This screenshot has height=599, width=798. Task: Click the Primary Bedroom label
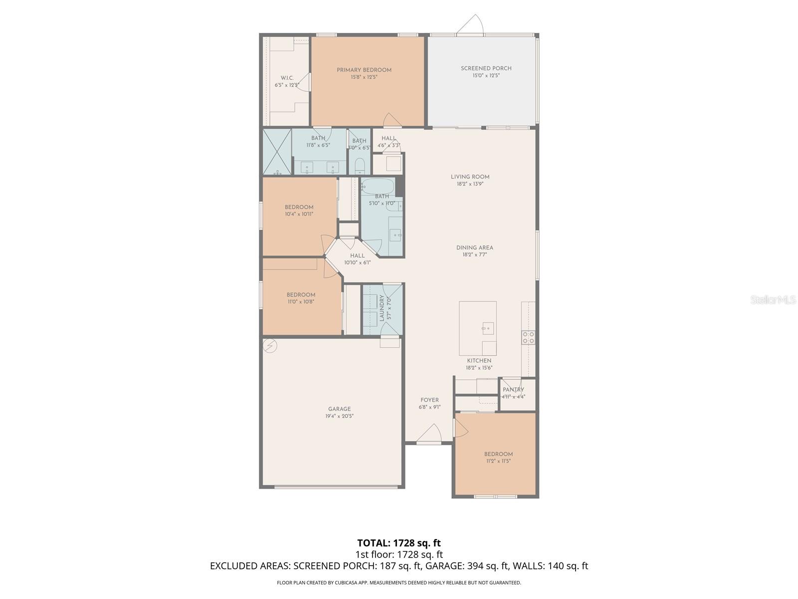(x=364, y=70)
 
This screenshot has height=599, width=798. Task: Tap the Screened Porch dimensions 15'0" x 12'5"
(x=486, y=76)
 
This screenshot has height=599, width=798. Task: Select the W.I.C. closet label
(x=287, y=78)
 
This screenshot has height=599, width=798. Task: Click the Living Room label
(x=470, y=177)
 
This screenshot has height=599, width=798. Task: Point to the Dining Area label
(x=474, y=248)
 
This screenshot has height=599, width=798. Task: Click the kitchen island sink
(x=488, y=328)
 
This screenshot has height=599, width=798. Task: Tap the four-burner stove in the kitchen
(x=528, y=337)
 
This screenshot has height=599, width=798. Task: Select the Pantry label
(x=513, y=390)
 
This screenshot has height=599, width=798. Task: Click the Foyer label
(x=429, y=400)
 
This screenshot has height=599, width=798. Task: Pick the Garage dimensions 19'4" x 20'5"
(x=339, y=416)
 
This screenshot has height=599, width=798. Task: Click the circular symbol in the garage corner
(x=270, y=346)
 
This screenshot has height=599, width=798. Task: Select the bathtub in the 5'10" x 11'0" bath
(x=378, y=187)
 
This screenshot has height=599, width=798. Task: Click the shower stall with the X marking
(x=277, y=152)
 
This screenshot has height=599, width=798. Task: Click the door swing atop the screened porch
(x=471, y=25)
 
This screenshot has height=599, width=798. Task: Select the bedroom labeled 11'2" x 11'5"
(x=498, y=458)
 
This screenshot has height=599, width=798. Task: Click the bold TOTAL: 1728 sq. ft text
(x=399, y=543)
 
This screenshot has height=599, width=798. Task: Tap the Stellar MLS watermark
(x=773, y=299)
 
